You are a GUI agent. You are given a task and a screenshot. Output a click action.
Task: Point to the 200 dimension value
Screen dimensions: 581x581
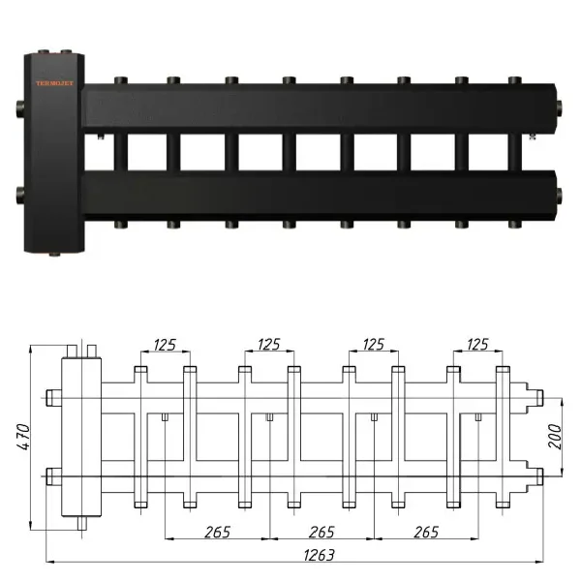[552, 436]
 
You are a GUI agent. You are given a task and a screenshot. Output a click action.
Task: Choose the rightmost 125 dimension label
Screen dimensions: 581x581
[477, 344]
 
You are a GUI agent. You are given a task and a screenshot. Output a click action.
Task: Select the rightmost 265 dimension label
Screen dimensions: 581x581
[424, 533]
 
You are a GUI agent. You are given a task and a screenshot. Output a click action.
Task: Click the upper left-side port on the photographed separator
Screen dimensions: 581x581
[19, 106]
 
